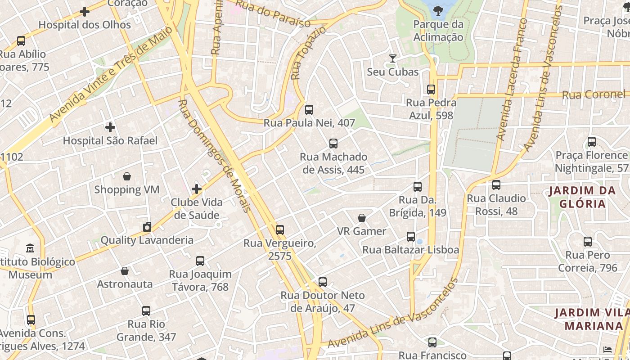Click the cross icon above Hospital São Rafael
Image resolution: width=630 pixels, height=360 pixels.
pyautogui.click(x=110, y=127)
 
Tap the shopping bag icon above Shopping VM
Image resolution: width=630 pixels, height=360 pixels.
pyautogui.click(x=127, y=176)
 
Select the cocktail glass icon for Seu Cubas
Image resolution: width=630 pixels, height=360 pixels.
pyautogui.click(x=393, y=58)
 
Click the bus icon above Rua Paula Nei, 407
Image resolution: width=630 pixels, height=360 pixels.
pyautogui.click(x=309, y=109)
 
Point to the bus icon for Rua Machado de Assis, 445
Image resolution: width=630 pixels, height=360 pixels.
pyautogui.click(x=333, y=144)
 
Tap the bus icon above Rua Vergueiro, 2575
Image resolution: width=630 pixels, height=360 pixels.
pyautogui.click(x=280, y=230)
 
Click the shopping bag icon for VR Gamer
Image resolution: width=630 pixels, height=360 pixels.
pyautogui.click(x=362, y=218)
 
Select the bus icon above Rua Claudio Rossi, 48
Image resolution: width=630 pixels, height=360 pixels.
pyautogui.click(x=496, y=185)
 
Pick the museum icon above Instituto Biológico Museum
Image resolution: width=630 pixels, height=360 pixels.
pyautogui.click(x=30, y=248)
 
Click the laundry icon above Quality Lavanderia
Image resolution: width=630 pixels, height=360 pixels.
pyautogui.click(x=147, y=227)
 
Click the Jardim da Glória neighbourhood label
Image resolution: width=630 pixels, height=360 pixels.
pyautogui.click(x=582, y=197)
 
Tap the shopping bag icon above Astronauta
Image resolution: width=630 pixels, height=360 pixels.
pyautogui.click(x=125, y=271)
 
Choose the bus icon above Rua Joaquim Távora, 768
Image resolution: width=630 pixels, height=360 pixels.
pyautogui.click(x=200, y=261)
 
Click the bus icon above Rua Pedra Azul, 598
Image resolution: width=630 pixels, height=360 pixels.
pyautogui.click(x=431, y=89)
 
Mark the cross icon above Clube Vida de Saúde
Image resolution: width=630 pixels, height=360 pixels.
pyautogui.click(x=197, y=189)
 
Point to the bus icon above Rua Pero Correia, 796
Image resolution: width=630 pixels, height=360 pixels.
pyautogui.click(x=587, y=242)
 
